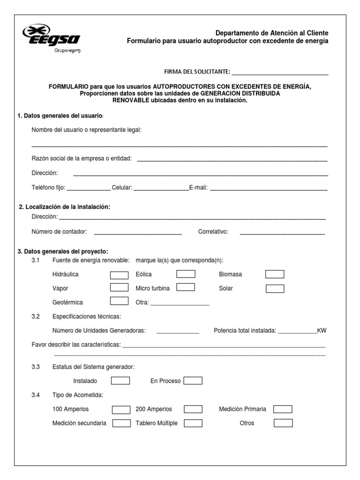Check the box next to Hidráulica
pos(119,275)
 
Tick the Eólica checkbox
pos(186,274)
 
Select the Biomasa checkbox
pos(275,274)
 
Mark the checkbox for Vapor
pos(119,287)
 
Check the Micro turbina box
pos(186,287)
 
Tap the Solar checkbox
pos(275,288)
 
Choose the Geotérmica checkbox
pos(119,301)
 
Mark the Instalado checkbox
pos(120,381)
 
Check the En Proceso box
pos(193,381)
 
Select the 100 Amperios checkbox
pos(121,410)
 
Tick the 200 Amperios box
pos(193,410)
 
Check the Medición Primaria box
pos(283,409)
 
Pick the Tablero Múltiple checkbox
pos(193,423)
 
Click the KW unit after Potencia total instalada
pos(322,330)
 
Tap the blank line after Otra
pos(180,304)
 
